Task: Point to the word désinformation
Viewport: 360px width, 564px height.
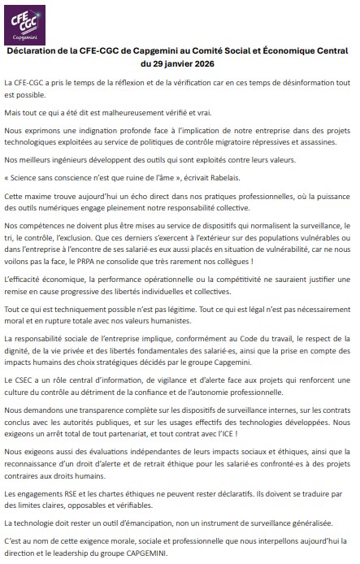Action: click(299, 83)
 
